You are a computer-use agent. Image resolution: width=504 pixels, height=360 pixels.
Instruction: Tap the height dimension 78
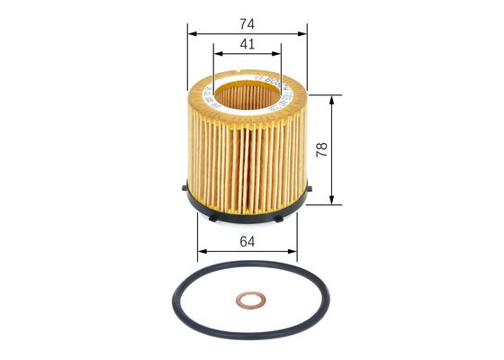322,148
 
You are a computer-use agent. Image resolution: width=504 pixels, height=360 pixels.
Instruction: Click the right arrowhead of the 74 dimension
304,34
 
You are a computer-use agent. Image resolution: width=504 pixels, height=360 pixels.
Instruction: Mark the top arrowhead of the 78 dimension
334,97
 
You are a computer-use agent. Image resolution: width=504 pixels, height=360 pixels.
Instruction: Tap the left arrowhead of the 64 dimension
200,249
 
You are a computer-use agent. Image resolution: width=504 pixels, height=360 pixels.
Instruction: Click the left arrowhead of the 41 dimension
216,54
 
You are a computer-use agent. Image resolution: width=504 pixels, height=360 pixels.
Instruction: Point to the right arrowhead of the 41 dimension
278,54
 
